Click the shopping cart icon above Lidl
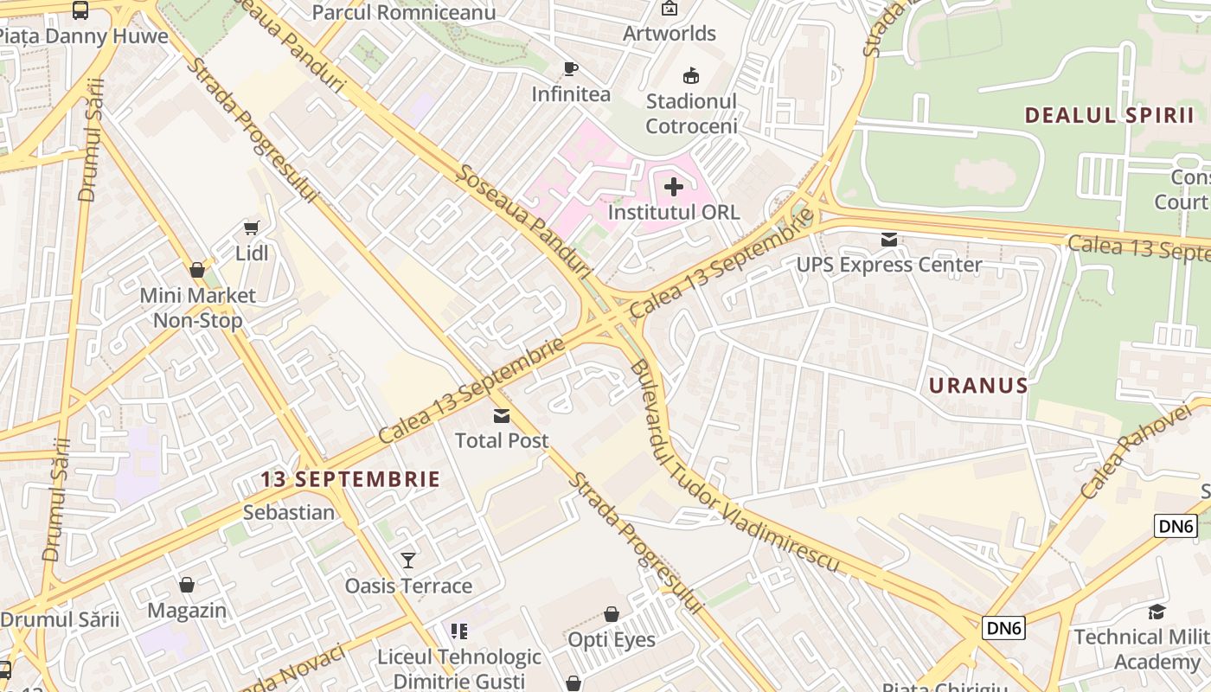251,228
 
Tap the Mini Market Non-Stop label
198,308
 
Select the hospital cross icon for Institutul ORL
674,186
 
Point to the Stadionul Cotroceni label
691,113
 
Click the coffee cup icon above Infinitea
570,69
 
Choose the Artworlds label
670,34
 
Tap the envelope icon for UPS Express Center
889,240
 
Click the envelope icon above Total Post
502,416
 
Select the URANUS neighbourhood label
978,386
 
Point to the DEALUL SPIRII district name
1109,115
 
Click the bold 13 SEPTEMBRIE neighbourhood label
350,479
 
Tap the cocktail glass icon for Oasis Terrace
408,561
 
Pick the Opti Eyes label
611,640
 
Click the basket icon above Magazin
187,586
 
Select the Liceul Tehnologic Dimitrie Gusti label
458,669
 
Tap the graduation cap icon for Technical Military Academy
1157,612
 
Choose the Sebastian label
288,512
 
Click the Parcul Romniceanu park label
404,12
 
